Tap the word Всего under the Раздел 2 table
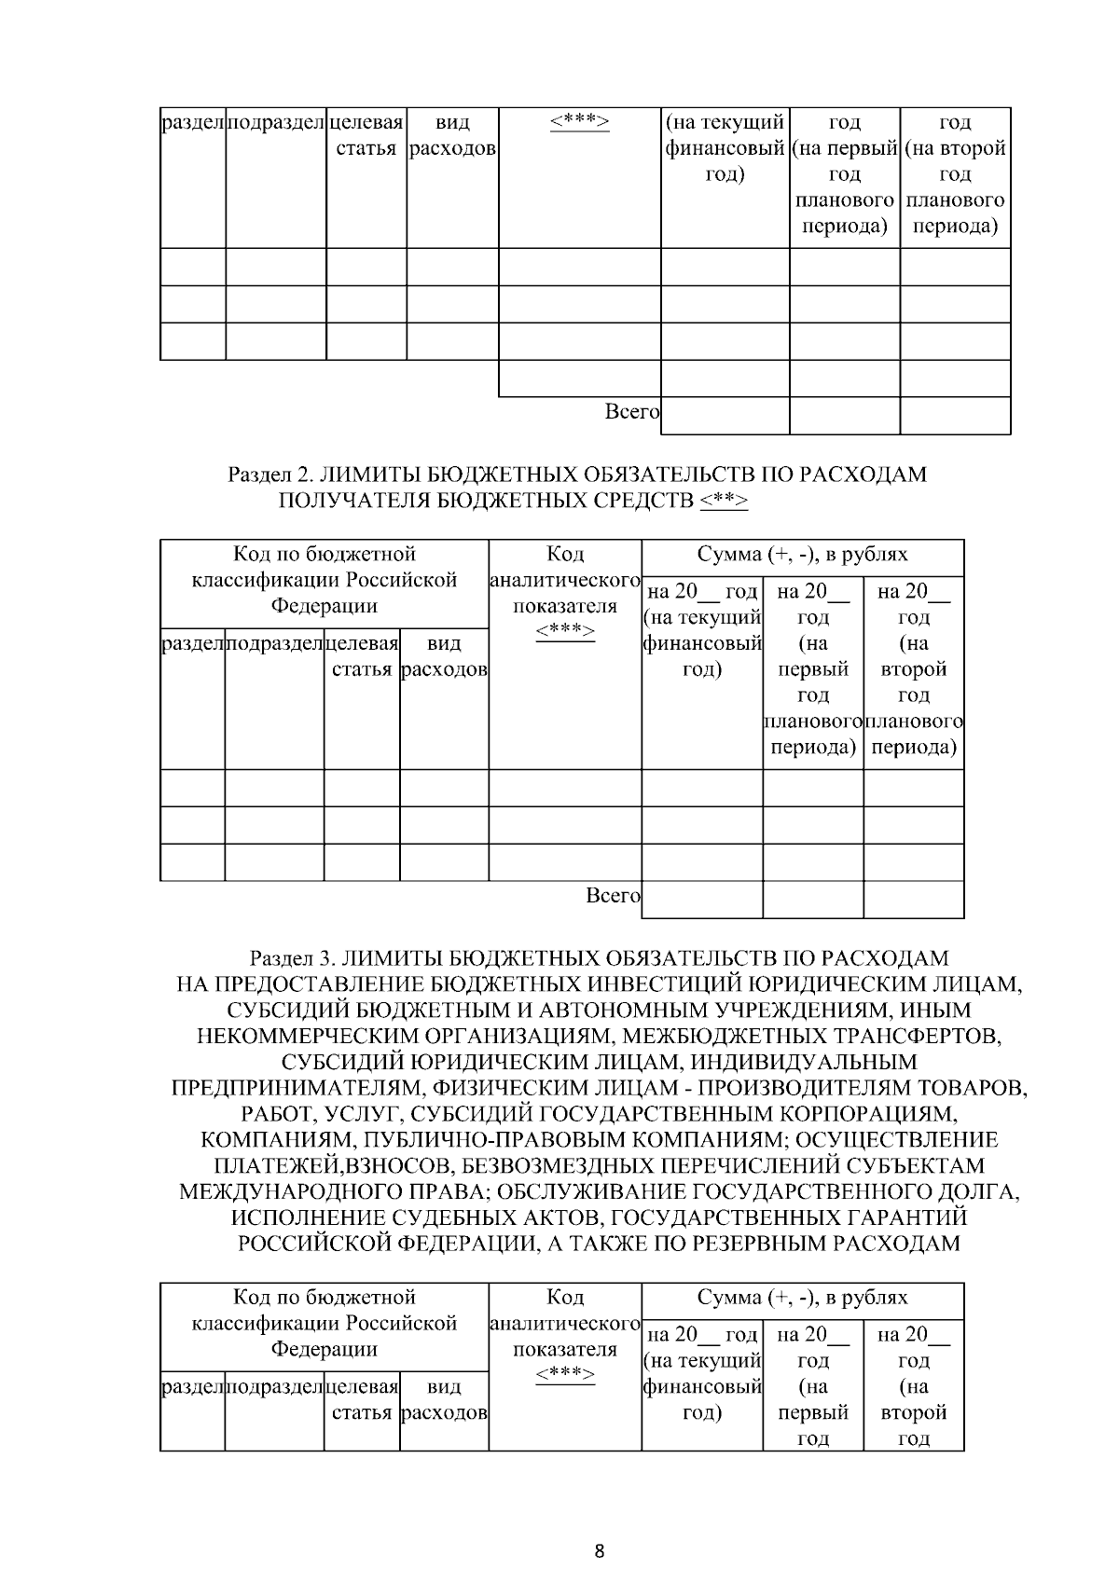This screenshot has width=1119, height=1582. click(x=612, y=896)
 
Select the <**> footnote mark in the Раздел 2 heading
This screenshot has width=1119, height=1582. click(x=723, y=501)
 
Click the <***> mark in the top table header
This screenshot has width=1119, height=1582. click(x=579, y=122)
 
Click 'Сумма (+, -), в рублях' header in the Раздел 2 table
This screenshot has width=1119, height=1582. click(x=802, y=555)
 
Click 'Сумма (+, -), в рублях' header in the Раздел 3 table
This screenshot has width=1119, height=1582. click(x=802, y=1298)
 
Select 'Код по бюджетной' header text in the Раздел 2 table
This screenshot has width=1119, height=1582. click(x=324, y=555)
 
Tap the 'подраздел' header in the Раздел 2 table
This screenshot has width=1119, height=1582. click(x=274, y=643)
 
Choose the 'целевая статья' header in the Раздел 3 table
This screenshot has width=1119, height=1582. click(x=362, y=1399)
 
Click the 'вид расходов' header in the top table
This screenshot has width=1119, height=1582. click(x=452, y=136)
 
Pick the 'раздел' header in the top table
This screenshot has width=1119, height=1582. click(x=193, y=122)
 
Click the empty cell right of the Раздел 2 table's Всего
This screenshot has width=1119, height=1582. click(x=702, y=900)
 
